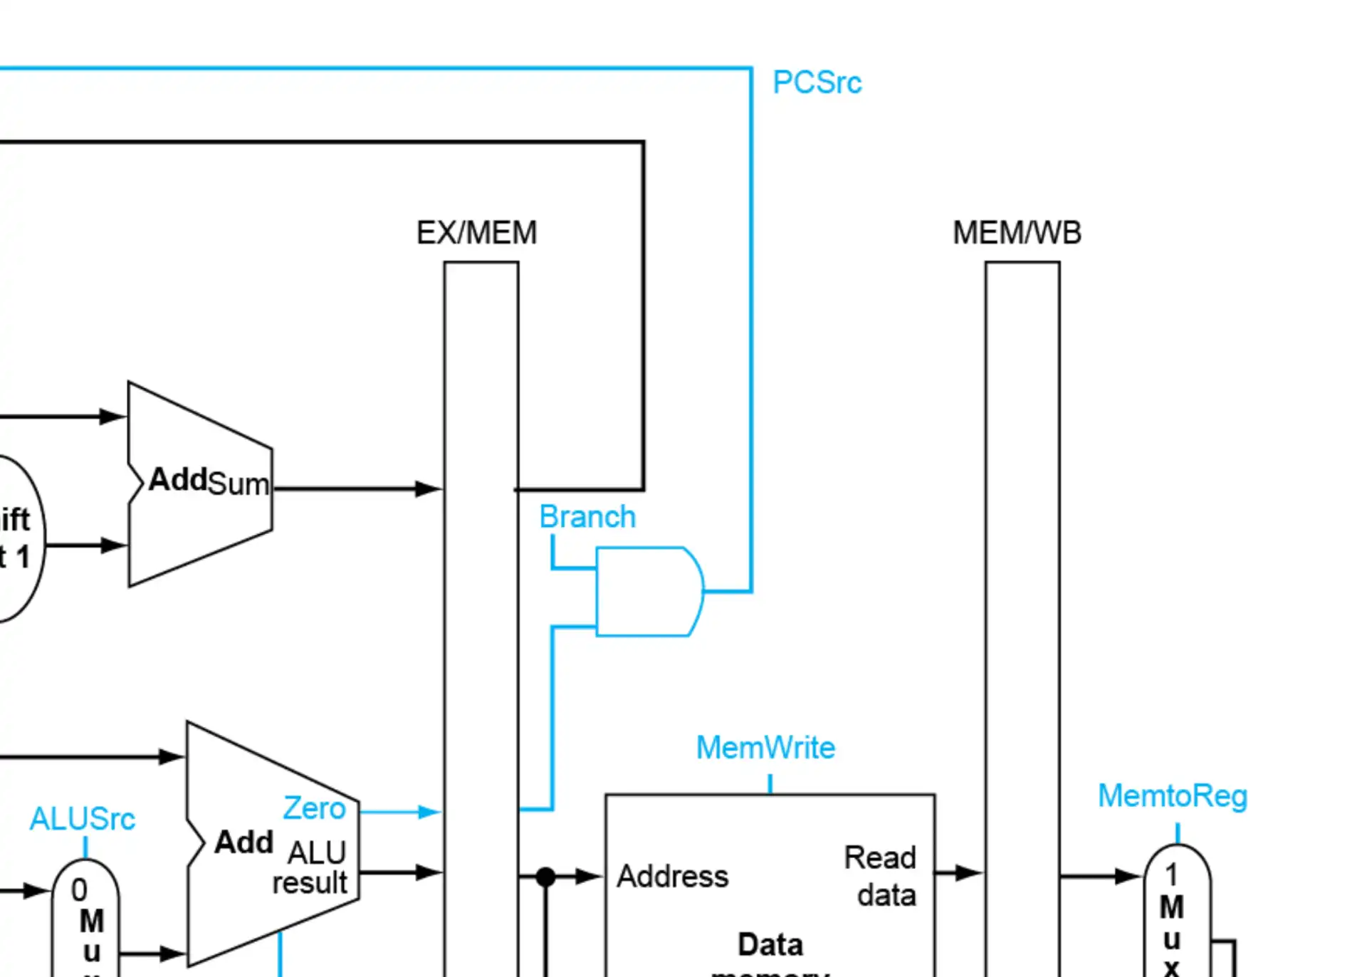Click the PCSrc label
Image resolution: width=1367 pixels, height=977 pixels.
817,83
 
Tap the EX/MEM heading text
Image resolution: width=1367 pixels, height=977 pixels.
476,233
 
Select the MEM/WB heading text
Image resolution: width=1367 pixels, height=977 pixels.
1017,233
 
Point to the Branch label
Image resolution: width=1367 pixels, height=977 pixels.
587,516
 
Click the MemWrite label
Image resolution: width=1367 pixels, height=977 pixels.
765,748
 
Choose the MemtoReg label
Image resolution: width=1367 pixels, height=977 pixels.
1172,795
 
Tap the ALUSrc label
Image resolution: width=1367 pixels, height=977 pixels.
82,819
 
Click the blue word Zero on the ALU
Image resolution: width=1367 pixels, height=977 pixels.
314,808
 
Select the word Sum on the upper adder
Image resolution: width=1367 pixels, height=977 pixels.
239,484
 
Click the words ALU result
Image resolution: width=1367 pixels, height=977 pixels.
312,867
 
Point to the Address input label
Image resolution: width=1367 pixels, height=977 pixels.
672,876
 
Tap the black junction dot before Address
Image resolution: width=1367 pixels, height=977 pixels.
545,877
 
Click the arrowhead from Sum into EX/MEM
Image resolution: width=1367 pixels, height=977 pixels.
429,489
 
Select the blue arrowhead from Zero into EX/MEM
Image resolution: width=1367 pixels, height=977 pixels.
429,812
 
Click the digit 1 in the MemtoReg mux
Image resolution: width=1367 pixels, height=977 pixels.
1171,874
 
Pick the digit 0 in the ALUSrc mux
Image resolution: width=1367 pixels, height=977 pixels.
79,890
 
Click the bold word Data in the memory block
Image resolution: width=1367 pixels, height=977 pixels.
770,945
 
